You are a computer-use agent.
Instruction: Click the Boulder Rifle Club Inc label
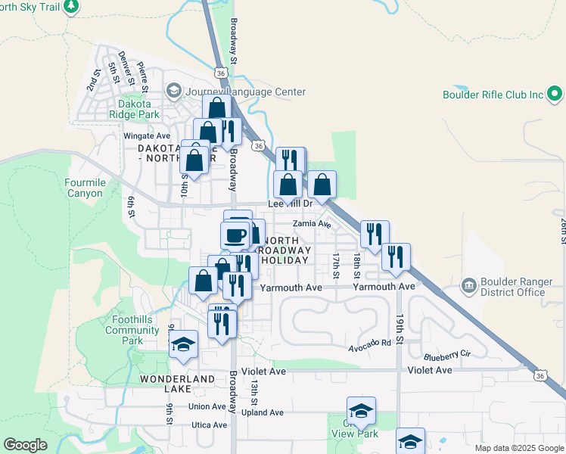click(x=493, y=95)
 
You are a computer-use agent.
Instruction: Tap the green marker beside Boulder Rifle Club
click(x=555, y=95)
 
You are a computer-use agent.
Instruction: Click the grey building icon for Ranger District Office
click(x=468, y=286)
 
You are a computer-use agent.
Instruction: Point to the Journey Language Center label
click(x=244, y=92)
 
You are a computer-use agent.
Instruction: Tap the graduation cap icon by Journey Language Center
click(x=173, y=92)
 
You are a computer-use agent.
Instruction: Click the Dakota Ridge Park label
click(x=138, y=109)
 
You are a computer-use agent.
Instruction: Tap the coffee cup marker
click(x=235, y=235)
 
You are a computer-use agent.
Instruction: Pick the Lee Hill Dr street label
click(x=291, y=204)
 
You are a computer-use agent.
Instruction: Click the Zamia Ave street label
click(x=313, y=224)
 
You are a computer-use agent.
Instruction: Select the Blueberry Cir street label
click(x=447, y=354)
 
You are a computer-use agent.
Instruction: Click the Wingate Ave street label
click(x=147, y=136)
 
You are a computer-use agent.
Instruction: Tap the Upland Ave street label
click(x=262, y=412)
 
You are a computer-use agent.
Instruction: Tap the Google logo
click(x=25, y=445)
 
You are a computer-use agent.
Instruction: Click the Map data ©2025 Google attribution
click(x=518, y=448)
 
